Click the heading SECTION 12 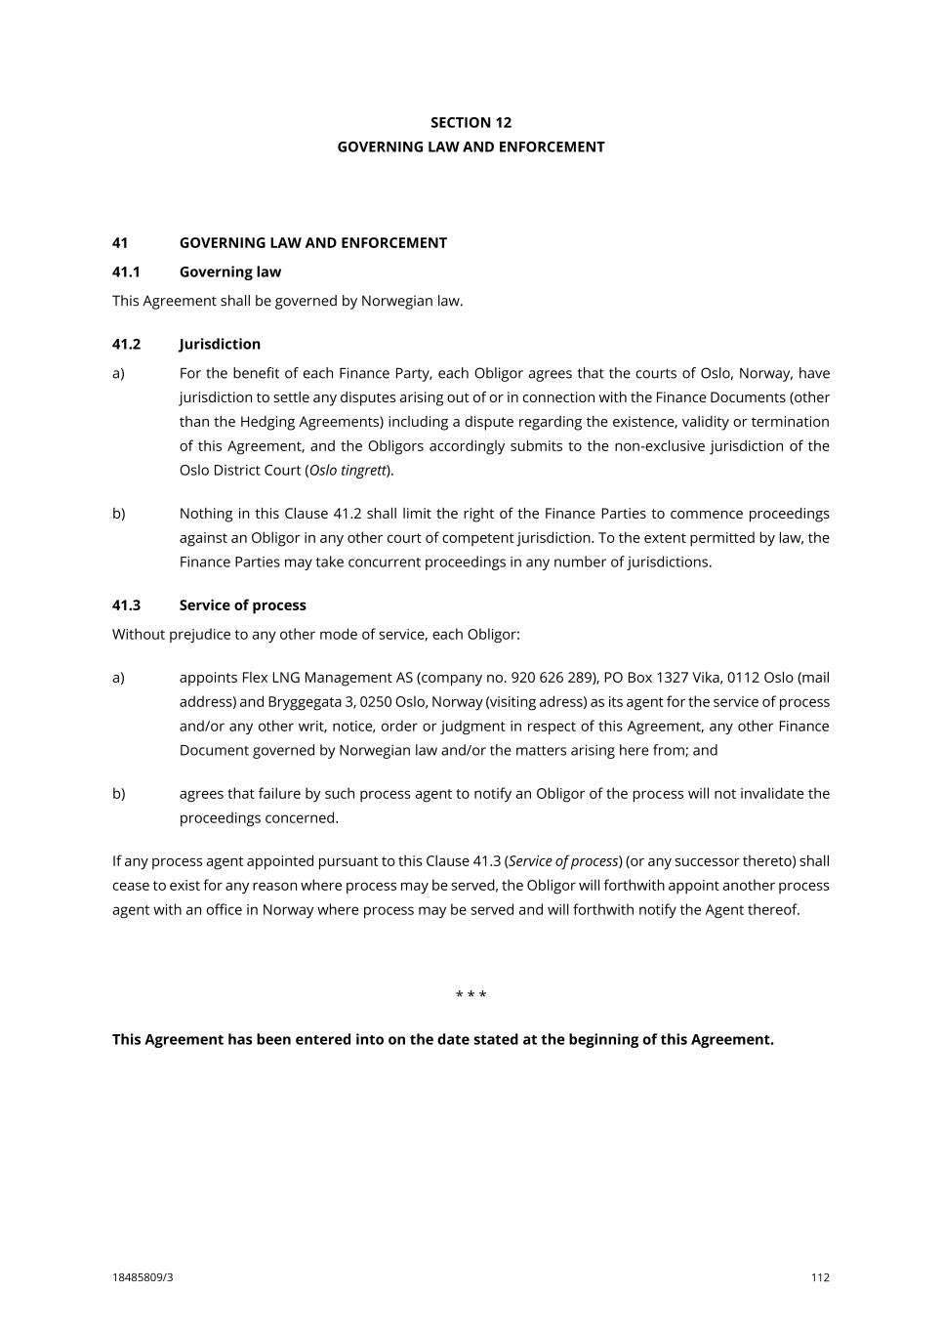pos(471,122)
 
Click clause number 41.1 pos(127,271)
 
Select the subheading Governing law pos(229,271)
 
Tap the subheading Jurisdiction pos(220,344)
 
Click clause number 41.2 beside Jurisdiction pos(127,344)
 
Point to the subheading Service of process pos(242,605)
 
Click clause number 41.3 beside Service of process pos(127,605)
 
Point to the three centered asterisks pos(471,995)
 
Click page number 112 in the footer pos(820,1277)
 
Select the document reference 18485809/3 pos(143,1277)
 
